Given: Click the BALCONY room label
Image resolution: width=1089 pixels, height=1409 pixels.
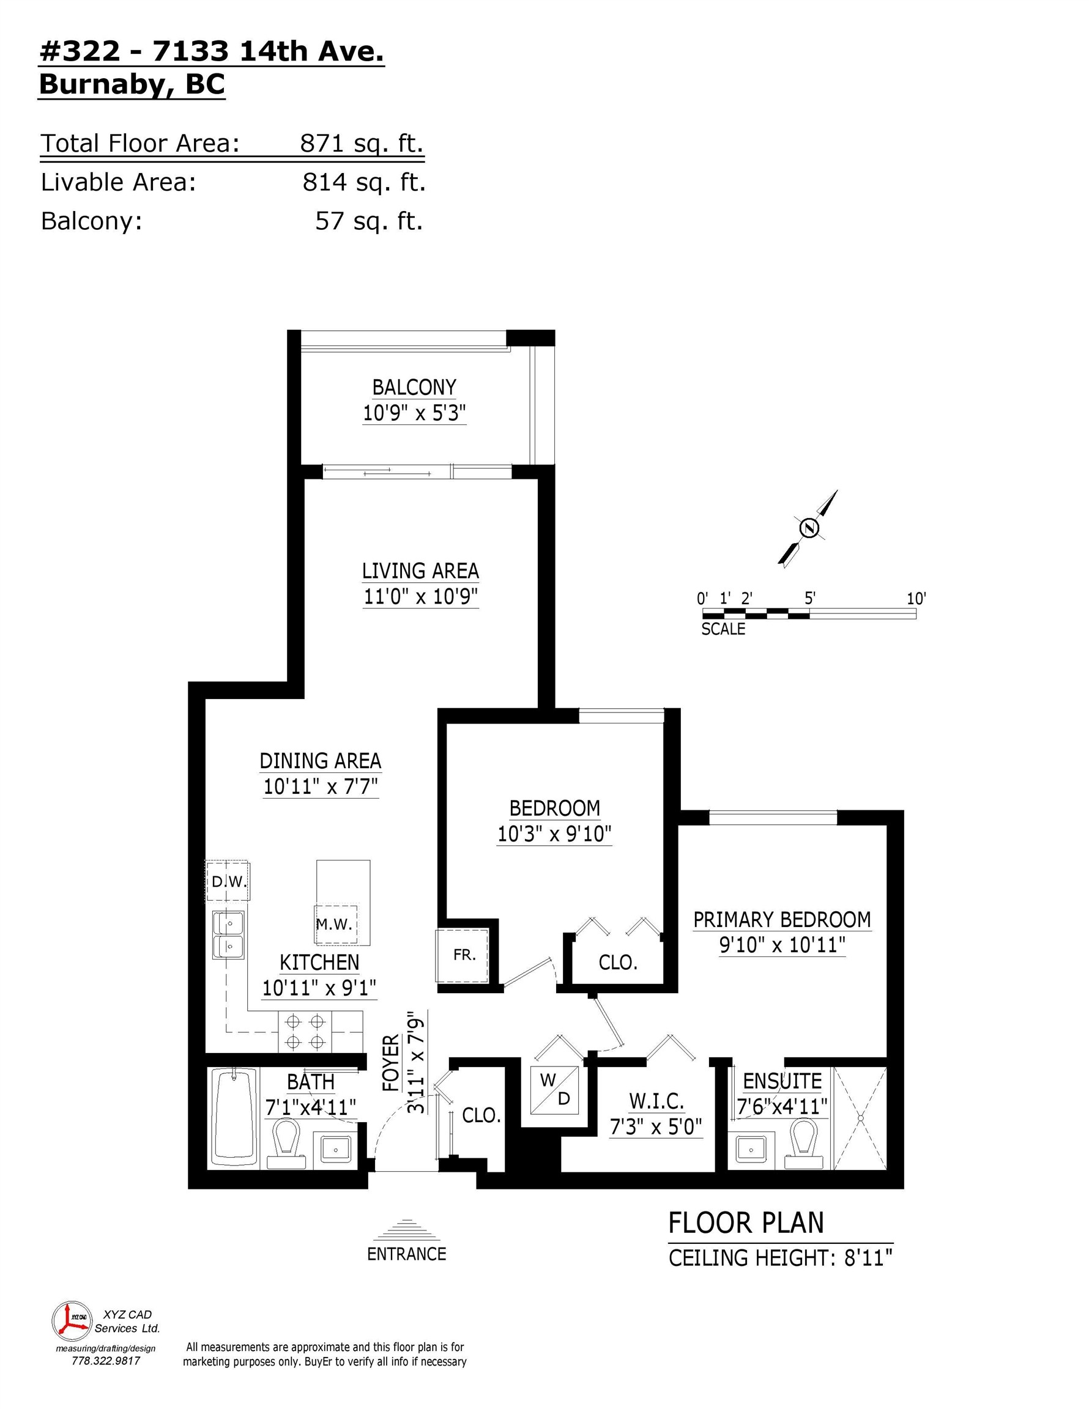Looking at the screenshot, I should pyautogui.click(x=414, y=387).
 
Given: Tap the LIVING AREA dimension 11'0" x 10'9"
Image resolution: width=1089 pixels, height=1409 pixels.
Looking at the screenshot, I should pyautogui.click(x=420, y=597).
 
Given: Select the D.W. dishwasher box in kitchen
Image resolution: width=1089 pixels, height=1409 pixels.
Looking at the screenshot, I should pyautogui.click(x=228, y=881).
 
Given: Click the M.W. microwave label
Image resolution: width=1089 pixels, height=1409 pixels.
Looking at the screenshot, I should pyautogui.click(x=335, y=924).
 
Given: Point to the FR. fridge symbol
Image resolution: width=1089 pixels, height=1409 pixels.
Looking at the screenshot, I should pyautogui.click(x=464, y=955).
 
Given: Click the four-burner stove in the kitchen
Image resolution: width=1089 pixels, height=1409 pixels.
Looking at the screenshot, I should pyautogui.click(x=305, y=1031).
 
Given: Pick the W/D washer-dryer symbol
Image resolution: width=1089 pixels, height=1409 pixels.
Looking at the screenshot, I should pyautogui.click(x=554, y=1090).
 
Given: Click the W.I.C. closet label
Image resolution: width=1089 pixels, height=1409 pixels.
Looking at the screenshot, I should pyautogui.click(x=656, y=1100).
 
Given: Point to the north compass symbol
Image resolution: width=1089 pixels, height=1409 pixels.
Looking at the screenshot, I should pyautogui.click(x=809, y=528).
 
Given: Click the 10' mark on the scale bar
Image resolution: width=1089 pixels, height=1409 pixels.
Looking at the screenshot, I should pyautogui.click(x=916, y=599).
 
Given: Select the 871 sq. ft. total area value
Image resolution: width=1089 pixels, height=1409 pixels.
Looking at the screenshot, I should pyautogui.click(x=362, y=143).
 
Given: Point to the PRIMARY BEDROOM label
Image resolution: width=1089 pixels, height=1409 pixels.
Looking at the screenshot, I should pyautogui.click(x=782, y=919).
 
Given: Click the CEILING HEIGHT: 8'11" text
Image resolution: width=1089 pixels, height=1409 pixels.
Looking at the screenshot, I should pyautogui.click(x=781, y=1257).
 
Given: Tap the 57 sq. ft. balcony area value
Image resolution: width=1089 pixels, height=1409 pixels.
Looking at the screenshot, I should pyautogui.click(x=368, y=221).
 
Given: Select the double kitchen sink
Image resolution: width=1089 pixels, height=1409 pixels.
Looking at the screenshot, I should pyautogui.click(x=229, y=936).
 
